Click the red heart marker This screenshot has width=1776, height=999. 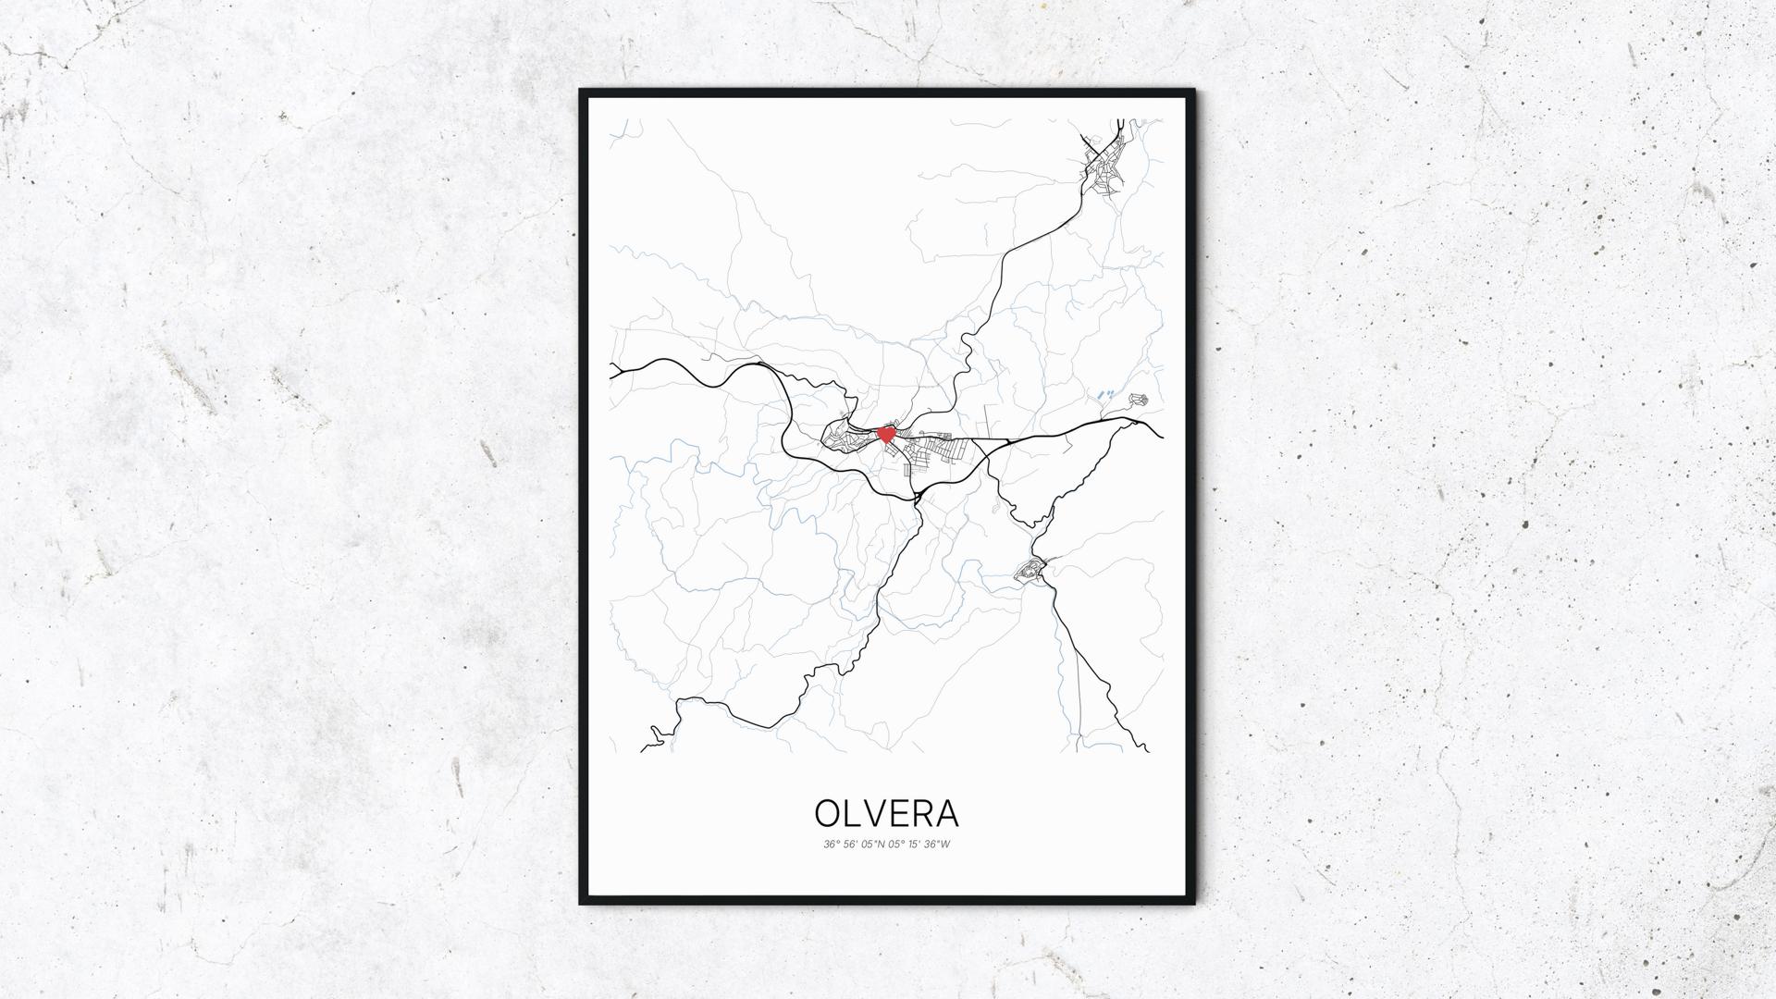coord(885,434)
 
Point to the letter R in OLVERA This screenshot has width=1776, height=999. coord(925,813)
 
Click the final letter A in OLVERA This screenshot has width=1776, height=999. coord(948,813)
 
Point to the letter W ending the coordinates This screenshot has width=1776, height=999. coord(945,845)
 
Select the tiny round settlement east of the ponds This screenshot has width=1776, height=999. coord(1139,400)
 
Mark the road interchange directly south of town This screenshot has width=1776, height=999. coord(918,498)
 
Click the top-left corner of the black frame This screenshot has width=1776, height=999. coord(582,92)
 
